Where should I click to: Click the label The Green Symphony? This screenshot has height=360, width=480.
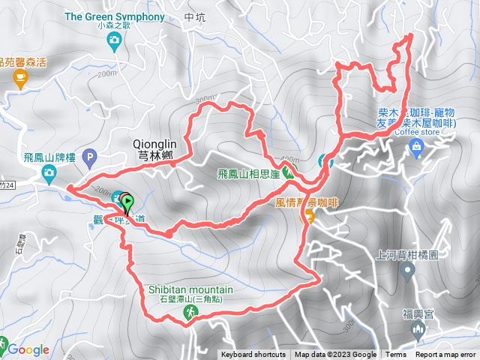(115, 16)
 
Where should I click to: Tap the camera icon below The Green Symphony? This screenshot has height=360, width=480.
(114, 42)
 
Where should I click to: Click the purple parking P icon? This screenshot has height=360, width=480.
(91, 157)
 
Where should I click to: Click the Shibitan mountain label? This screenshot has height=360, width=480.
(186, 290)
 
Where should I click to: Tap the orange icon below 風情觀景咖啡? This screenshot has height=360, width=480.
(307, 217)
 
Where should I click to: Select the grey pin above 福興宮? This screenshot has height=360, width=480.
(409, 272)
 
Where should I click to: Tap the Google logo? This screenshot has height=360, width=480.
(28, 349)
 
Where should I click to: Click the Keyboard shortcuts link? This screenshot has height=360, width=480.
(253, 355)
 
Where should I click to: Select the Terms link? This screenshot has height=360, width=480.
(396, 355)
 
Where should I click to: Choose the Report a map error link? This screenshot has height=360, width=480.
(446, 355)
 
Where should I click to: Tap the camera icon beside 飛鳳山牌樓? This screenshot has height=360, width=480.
(49, 175)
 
